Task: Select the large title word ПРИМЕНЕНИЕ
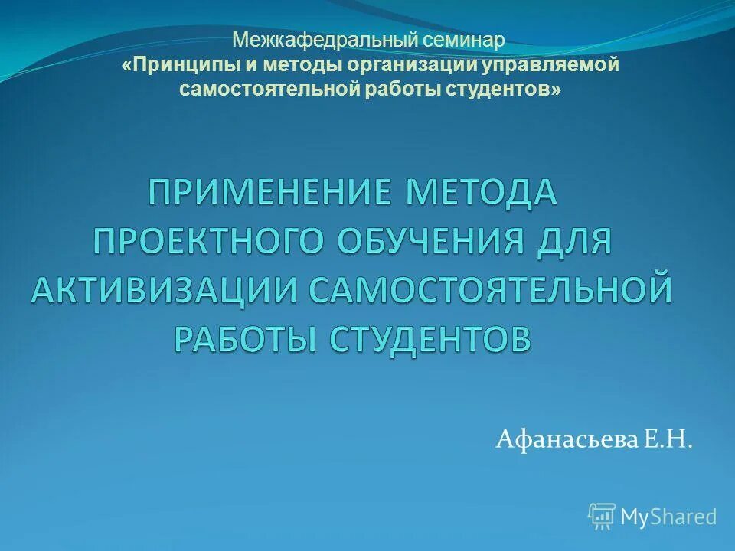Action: click(270, 192)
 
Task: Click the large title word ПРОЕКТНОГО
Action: click(209, 242)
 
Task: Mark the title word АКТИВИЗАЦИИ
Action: click(165, 291)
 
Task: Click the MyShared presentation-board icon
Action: click(602, 517)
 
